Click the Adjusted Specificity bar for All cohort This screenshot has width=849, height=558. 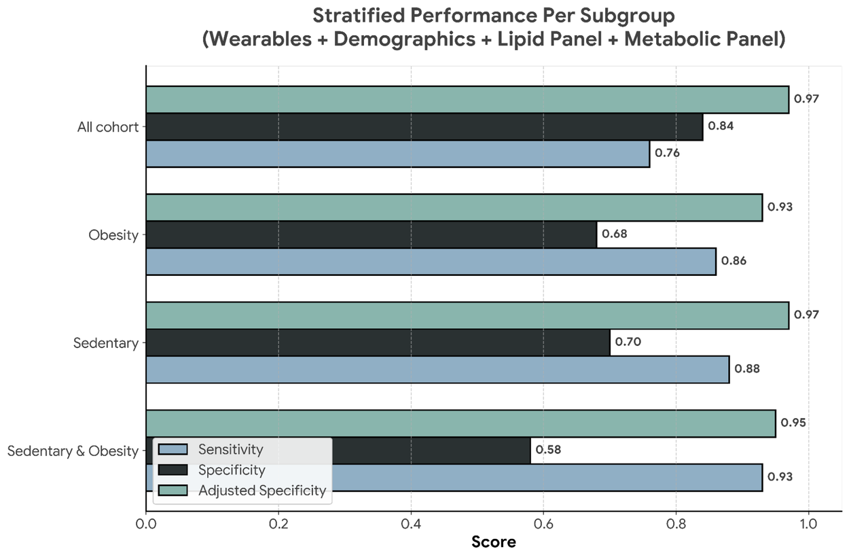pos(467,99)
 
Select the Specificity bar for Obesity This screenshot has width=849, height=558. pos(372,234)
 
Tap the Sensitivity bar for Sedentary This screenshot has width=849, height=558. pos(437,370)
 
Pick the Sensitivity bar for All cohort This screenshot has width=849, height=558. pos(397,154)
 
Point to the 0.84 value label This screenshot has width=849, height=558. pos(721,126)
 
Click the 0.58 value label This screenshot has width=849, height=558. pos(548,449)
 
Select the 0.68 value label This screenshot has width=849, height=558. pos(615,234)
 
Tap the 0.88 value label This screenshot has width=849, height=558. pos(747,370)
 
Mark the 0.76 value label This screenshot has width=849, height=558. pos(667,153)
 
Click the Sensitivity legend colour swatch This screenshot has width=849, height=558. pos(173,449)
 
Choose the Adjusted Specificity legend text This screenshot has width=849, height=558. pos(262,491)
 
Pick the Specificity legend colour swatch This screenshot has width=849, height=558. pos(173,470)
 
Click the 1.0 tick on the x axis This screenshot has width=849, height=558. pos(808,525)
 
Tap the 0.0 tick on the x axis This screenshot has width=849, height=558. pos(146,525)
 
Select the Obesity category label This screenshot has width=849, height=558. pos(113,235)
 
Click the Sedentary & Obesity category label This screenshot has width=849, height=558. pos(73,451)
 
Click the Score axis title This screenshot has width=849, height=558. pos(494,542)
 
